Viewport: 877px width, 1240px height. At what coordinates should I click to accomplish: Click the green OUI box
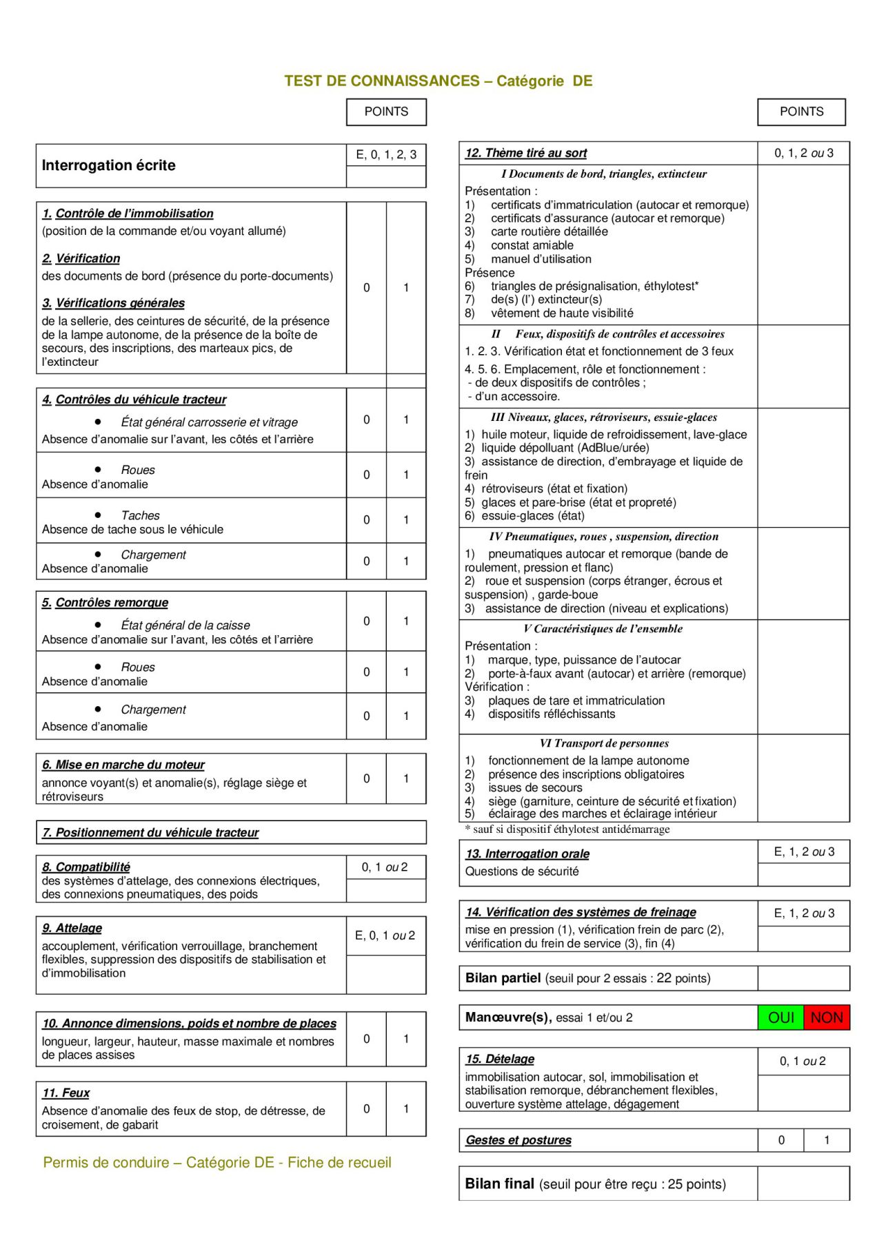click(780, 1017)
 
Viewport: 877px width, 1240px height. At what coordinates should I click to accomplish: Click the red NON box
click(827, 1017)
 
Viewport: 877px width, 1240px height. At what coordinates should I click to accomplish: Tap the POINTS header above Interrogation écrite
click(386, 112)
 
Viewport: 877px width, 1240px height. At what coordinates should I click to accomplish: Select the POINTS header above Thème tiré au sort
click(801, 112)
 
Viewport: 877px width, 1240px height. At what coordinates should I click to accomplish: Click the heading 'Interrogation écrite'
click(109, 165)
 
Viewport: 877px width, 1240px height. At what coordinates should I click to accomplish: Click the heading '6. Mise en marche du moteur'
click(123, 765)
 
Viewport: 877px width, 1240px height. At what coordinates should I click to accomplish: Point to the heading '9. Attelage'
click(72, 928)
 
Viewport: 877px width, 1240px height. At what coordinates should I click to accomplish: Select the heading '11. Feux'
click(66, 1093)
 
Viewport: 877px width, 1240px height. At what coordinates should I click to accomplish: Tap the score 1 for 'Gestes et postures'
click(827, 1140)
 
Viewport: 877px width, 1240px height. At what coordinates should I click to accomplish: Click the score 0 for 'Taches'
click(366, 520)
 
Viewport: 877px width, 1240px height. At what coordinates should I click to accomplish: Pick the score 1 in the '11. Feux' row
click(406, 1108)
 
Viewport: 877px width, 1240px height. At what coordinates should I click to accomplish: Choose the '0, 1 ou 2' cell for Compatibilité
click(385, 867)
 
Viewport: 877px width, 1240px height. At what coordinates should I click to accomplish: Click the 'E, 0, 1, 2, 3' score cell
click(386, 154)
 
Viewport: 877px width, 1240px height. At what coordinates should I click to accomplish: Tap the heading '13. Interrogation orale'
click(527, 854)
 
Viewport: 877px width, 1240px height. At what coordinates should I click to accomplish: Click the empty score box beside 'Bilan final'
click(803, 1184)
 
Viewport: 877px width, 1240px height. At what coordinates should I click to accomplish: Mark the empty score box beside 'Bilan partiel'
click(803, 978)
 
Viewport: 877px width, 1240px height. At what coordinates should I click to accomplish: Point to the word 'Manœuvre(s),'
click(508, 1017)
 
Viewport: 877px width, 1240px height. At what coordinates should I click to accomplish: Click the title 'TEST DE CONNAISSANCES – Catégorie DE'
click(438, 81)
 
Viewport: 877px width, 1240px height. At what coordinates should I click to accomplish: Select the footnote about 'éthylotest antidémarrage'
click(567, 829)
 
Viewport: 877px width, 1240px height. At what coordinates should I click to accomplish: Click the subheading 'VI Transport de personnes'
click(605, 743)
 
